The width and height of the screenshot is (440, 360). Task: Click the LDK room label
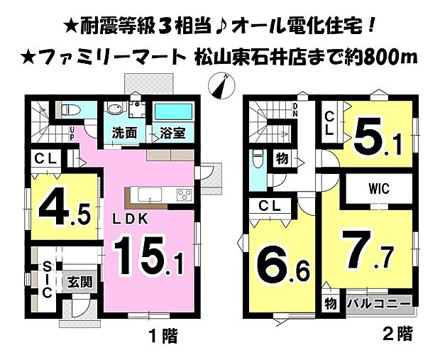pos(131,219)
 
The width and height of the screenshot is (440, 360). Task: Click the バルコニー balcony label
pos(379,304)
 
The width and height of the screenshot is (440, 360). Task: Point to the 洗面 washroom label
pos(126,133)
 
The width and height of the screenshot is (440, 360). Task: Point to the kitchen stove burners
pos(182,195)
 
